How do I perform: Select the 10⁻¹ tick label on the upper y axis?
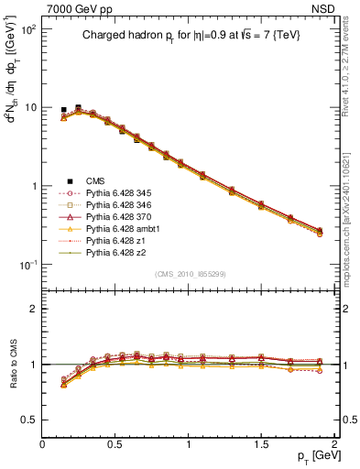pyautogui.click(x=27, y=265)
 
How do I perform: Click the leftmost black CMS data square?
pyautogui.click(x=63, y=110)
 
